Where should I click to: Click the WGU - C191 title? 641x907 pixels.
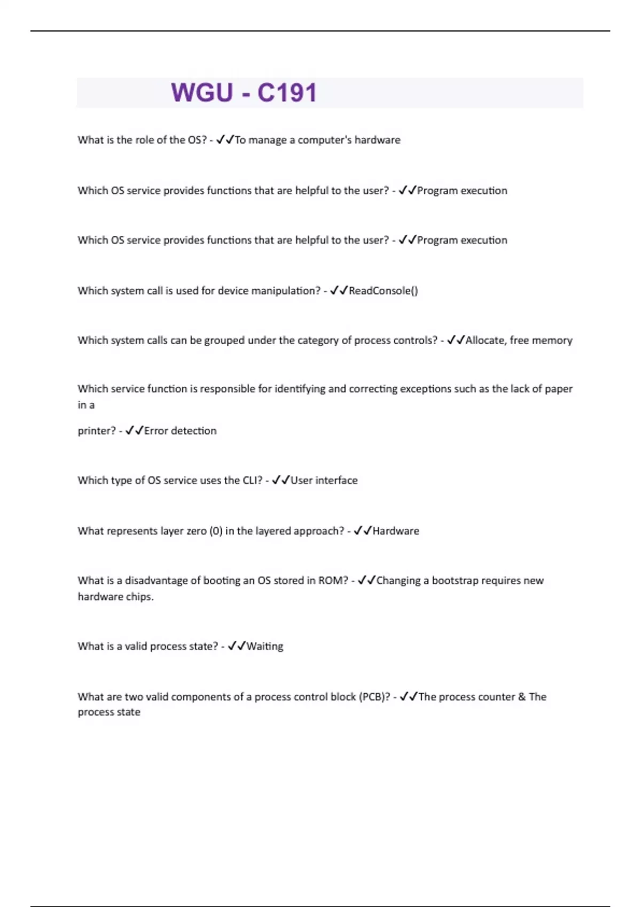point(244,93)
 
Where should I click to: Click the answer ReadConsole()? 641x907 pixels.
point(383,291)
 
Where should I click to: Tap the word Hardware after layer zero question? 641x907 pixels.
point(396,531)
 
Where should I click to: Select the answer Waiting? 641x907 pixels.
point(265,646)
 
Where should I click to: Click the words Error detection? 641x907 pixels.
point(181,431)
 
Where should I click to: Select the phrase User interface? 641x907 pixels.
point(324,480)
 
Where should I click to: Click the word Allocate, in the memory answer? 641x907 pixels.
point(486,340)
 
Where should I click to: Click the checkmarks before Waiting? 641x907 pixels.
point(237,646)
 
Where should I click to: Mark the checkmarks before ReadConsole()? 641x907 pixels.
point(339,291)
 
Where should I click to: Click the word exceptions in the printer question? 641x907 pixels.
point(426,389)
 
